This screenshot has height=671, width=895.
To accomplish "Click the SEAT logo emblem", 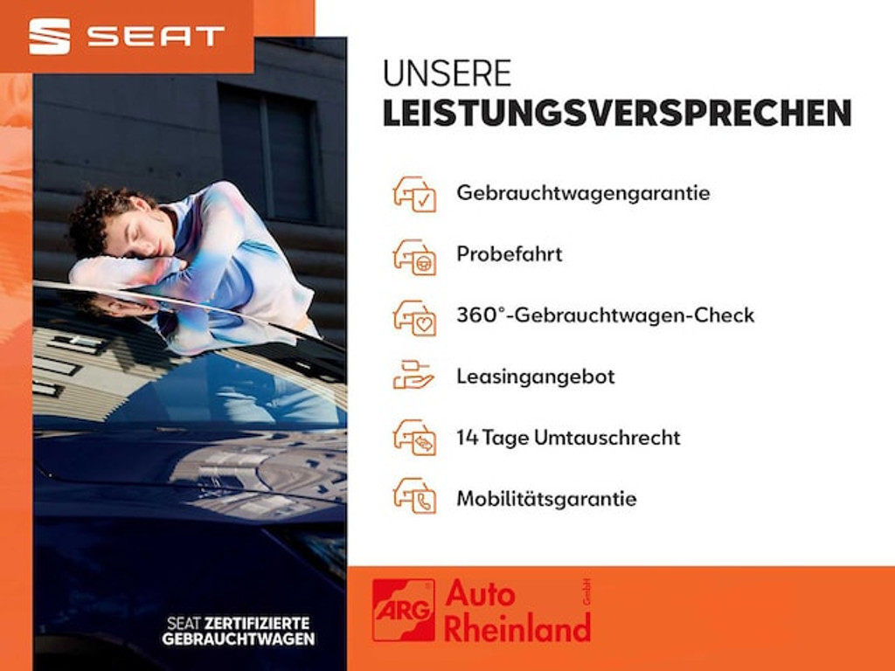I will tap(49, 36).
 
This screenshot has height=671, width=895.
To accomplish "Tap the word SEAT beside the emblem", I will tap(156, 36).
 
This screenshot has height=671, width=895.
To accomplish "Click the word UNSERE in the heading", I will tap(447, 73).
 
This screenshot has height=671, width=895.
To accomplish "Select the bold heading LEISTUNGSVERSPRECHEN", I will tap(617, 114).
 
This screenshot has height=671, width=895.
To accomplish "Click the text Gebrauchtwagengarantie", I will tap(583, 193).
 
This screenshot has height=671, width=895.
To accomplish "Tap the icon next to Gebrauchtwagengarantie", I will tap(414, 194).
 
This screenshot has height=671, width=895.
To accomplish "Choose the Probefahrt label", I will tap(509, 254).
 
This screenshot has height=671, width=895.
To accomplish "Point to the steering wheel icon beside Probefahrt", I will tap(414, 255).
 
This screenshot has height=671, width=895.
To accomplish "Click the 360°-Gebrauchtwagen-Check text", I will tap(605, 315).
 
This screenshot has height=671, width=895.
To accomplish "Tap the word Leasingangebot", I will tap(535, 377).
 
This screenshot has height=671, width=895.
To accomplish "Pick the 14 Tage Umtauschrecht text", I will tap(568, 438).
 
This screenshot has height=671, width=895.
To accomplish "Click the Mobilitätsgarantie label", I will tap(546, 499).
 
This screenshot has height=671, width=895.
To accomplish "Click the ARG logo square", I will tap(403, 610).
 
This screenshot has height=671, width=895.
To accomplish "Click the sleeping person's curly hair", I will tap(96, 218).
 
